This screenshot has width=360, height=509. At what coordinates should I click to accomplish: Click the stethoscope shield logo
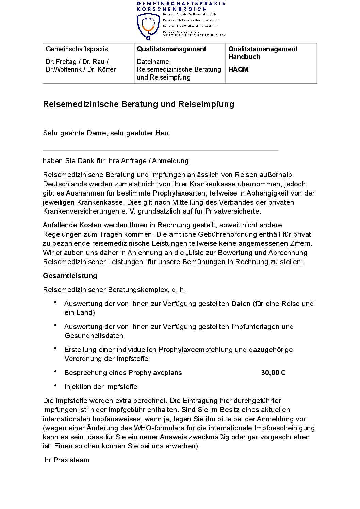pos(148,26)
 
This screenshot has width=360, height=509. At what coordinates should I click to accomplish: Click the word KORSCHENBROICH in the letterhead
pos(172,9)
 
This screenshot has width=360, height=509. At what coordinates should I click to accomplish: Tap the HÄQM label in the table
pos(238,69)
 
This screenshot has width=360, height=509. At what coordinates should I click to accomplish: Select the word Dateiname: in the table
pos(154,62)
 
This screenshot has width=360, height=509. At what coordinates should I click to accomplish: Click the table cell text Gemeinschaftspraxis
pos(77,49)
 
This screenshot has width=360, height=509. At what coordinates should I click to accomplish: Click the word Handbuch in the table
pos(244,57)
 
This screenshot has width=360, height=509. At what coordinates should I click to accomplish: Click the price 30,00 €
pos(273,373)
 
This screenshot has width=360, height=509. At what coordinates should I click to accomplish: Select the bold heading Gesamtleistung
pos(70,276)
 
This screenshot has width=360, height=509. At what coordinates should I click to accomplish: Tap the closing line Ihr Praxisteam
pos(66,460)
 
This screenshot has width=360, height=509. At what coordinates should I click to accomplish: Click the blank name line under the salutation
pos(160,149)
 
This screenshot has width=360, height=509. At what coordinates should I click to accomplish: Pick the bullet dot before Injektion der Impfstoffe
pos(55,386)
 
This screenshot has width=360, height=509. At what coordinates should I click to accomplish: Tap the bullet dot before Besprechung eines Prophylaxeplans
pos(55,372)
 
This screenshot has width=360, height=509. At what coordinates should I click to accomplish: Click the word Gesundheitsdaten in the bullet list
pos(94,336)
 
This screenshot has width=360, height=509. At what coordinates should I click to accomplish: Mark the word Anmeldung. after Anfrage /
pos(171,161)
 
